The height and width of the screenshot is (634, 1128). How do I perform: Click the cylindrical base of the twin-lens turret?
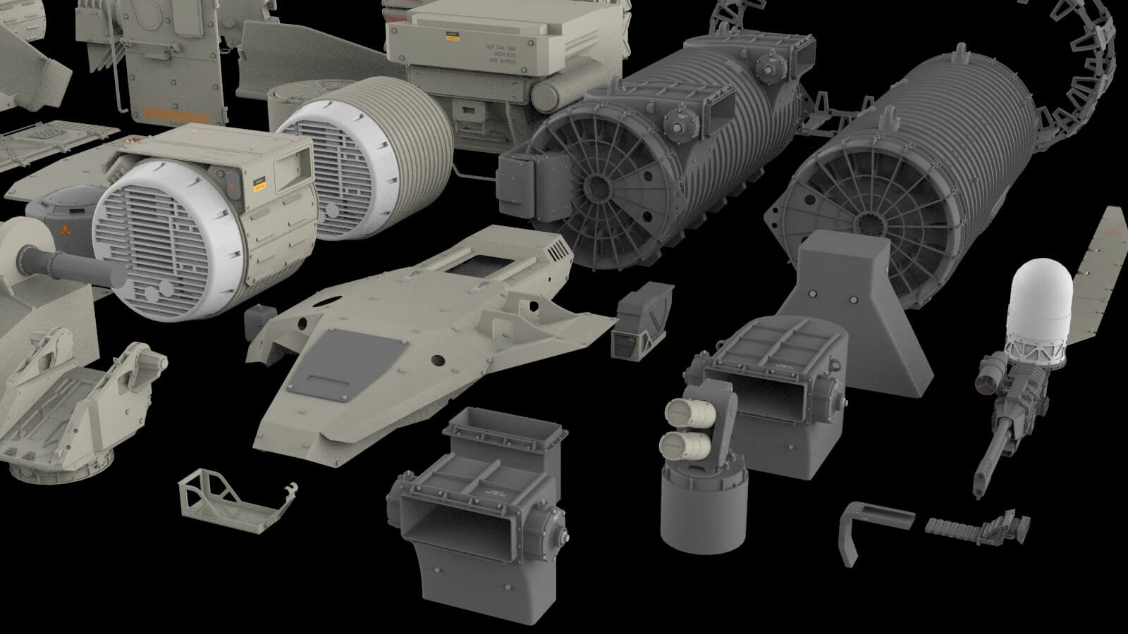pyautogui.click(x=702, y=507)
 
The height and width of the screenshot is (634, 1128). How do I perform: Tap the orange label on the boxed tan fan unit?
pyautogui.click(x=259, y=184)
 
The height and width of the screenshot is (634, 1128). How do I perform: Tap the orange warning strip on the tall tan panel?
pyautogui.click(x=172, y=113)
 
